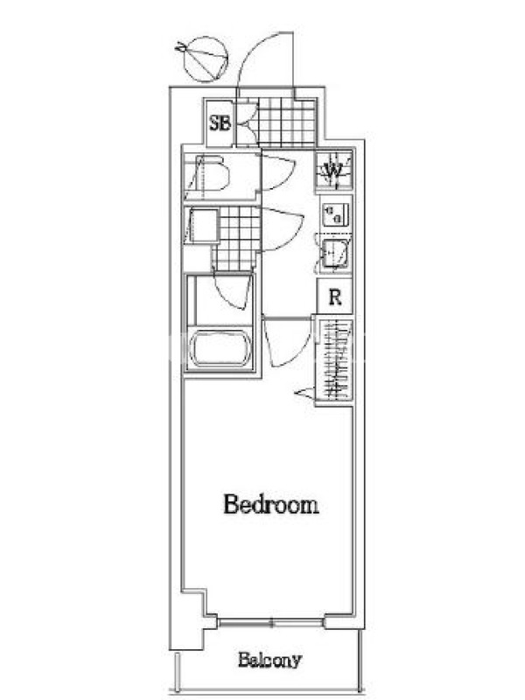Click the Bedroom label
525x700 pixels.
pos(271,505)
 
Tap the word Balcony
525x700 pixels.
pos(269,660)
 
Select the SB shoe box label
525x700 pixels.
pos(220,123)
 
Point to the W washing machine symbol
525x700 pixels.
pos(334,170)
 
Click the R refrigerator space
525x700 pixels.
pos(335,297)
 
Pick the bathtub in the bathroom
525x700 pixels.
pos(220,348)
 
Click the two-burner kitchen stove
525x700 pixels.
pos(335,215)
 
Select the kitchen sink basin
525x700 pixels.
pos(335,254)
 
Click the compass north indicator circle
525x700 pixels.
pos(206,59)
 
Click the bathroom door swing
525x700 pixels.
pos(231,291)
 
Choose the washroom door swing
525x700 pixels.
pos(283,229)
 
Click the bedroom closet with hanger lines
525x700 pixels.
pos(335,360)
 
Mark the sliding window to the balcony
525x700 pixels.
pos(271,622)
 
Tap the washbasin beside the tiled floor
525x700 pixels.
pos(202,226)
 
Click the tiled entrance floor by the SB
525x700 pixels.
pos(287,122)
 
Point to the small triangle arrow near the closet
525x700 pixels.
pos(304,392)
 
